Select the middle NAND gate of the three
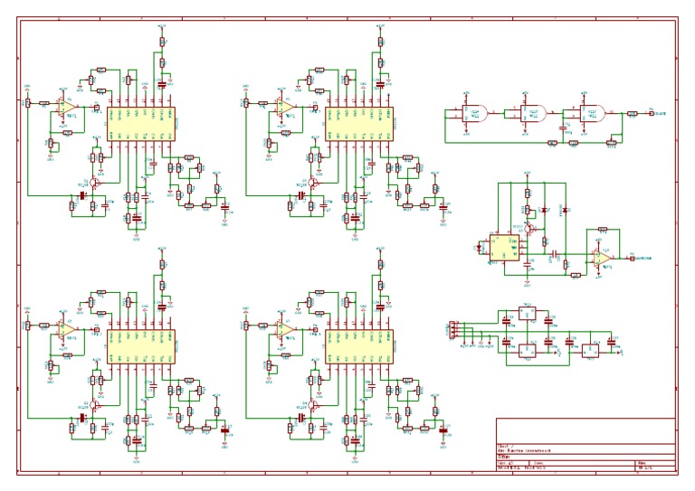[533, 114]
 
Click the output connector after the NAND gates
[648, 114]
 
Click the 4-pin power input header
[452, 331]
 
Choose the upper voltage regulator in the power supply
[528, 315]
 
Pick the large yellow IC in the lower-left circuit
[141, 346]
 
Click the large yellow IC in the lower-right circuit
[359, 346]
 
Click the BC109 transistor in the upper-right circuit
[312, 184]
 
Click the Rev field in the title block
[654, 467]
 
